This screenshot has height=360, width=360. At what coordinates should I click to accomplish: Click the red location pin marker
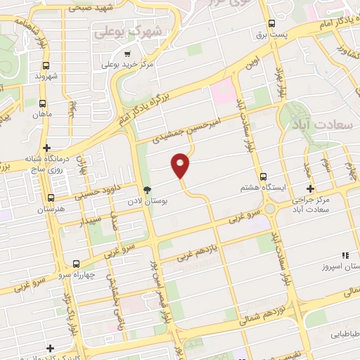coord(181,165)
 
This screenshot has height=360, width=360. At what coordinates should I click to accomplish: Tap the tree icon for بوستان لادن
coord(147,189)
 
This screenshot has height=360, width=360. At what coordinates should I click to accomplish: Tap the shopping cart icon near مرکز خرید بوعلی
coord(127,53)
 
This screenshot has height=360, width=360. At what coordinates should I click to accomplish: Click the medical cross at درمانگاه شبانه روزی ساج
coord(46,148)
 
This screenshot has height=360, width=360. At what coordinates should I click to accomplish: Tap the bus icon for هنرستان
coord(50,198)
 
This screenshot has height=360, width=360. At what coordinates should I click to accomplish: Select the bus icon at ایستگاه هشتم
coord(263,176)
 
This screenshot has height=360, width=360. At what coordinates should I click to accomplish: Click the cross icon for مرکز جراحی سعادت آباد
coord(310,188)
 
